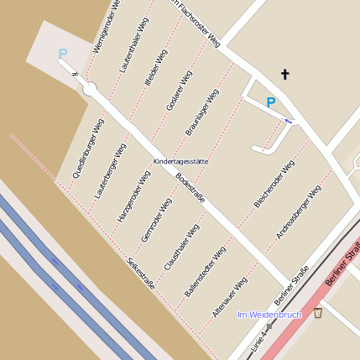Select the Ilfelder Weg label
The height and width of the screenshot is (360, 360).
pyautogui.click(x=156, y=68)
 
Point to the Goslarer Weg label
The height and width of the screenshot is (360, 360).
pyautogui.click(x=180, y=91)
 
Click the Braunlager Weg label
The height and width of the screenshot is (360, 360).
pyautogui.click(x=202, y=112)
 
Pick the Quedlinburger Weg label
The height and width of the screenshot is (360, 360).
pyautogui.click(x=88, y=149)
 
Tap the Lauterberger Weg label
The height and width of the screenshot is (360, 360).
pyautogui.click(x=110, y=170)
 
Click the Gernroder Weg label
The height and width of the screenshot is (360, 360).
pyautogui.click(x=157, y=219)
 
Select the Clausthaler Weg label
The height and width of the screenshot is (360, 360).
pyautogui.click(x=181, y=247)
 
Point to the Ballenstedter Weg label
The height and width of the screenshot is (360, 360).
pyautogui.click(x=205, y=270)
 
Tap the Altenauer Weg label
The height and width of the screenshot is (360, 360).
pyautogui.click(x=229, y=296)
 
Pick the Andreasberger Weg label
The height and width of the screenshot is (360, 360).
pyautogui.click(x=298, y=211)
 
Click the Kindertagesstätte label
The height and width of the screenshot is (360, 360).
pyautogui.click(x=180, y=160)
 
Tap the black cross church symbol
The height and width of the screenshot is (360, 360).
pyautogui.click(x=284, y=75)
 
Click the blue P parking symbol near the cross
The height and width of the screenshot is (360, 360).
pyautogui.click(x=270, y=102)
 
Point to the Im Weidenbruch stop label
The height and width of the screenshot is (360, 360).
pyautogui.click(x=269, y=315)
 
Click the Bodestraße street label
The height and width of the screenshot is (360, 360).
pyautogui.click(x=190, y=193)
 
